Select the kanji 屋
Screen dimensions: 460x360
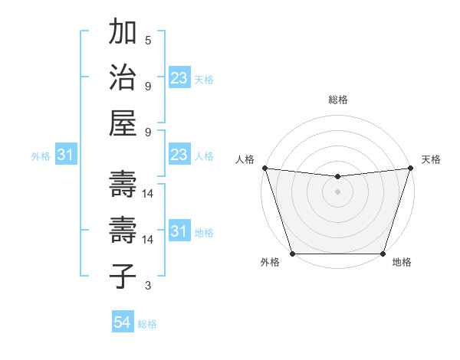pyautogui.click(x=123, y=123)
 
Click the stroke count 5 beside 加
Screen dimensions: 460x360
pyautogui.click(x=148, y=41)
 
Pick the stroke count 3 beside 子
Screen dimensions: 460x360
pyautogui.click(x=148, y=286)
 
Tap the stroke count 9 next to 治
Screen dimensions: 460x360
pyautogui.click(x=148, y=86)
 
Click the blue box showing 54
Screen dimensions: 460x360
pyautogui.click(x=122, y=323)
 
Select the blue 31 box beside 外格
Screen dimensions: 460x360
pyautogui.click(x=65, y=155)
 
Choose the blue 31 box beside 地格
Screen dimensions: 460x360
pyautogui.click(x=179, y=232)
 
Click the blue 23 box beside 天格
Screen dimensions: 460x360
pyautogui.click(x=179, y=78)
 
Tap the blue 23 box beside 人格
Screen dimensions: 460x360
pyautogui.click(x=179, y=155)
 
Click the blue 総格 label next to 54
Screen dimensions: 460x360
pyautogui.click(x=147, y=324)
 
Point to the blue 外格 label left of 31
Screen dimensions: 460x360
pyautogui.click(x=41, y=156)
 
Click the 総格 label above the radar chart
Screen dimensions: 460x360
pyautogui.click(x=337, y=100)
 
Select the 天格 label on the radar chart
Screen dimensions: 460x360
pyautogui.click(x=431, y=159)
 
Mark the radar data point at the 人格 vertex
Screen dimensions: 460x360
pyautogui.click(x=264, y=168)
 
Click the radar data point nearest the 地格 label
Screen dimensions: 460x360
pyautogui.click(x=383, y=254)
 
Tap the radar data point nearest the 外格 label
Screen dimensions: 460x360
pyautogui.click(x=293, y=254)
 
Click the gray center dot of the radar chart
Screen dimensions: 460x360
pyautogui.click(x=337, y=191)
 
